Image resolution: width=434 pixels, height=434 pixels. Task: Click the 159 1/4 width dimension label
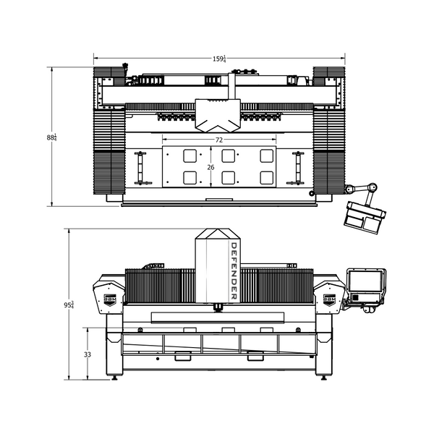coord(219,59)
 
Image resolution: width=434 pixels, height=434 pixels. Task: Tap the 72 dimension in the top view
coord(218,139)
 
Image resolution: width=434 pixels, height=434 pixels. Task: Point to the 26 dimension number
coord(210,166)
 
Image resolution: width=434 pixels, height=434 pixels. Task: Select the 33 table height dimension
coord(88,354)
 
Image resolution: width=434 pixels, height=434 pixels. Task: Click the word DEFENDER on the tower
coord(234,271)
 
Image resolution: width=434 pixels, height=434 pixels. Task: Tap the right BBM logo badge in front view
coord(328,298)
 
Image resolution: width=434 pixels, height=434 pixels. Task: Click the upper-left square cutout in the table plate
coord(190,156)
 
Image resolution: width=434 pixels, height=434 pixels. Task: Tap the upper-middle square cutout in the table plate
coord(229,156)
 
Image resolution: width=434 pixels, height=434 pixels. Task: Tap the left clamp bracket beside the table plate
coord(140,167)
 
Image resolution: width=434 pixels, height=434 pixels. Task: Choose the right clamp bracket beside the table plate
coord(296,167)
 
